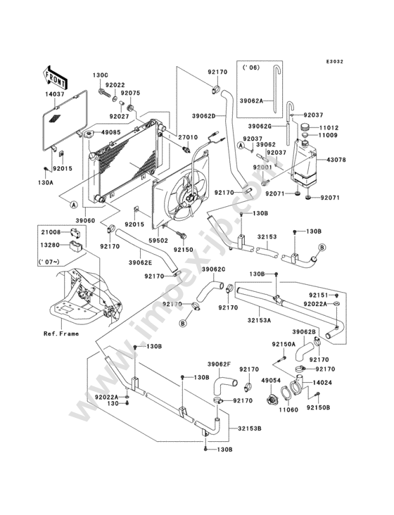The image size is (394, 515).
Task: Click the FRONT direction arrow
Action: (x=55, y=77)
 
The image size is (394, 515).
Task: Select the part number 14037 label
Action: (x=55, y=94)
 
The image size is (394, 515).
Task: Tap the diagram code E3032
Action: (x=335, y=61)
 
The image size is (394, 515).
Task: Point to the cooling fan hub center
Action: (x=189, y=198)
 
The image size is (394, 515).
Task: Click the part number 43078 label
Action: (x=336, y=160)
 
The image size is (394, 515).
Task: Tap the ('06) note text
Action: (x=251, y=68)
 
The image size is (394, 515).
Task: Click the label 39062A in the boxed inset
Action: (x=251, y=101)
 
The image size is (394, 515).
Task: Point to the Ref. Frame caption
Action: (x=61, y=333)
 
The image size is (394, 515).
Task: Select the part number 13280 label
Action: (x=51, y=244)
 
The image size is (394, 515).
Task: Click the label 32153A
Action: (x=260, y=321)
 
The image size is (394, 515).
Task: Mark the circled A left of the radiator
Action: (x=74, y=205)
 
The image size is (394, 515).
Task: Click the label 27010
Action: (x=188, y=137)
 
